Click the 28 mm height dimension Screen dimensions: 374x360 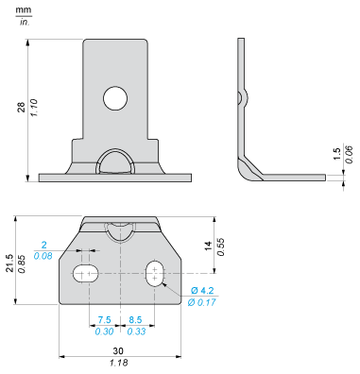click(x=21, y=107)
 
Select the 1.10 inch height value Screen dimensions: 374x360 click(x=33, y=107)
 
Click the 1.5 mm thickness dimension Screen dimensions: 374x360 click(x=335, y=154)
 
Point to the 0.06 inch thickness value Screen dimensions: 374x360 click(x=348, y=154)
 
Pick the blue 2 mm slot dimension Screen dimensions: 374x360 click(x=70, y=245)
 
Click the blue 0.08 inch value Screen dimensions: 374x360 click(x=69, y=256)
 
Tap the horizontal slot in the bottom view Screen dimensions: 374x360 click(x=87, y=274)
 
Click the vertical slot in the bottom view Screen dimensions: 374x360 click(x=153, y=275)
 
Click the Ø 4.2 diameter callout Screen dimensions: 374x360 click(x=201, y=289)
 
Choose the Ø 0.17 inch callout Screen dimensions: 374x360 click(x=202, y=301)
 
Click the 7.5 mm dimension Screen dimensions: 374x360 click(x=103, y=319)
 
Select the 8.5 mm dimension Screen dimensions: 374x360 click(x=135, y=319)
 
